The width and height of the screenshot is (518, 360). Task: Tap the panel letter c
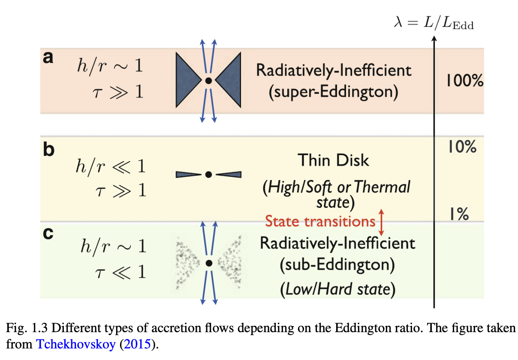click(48, 234)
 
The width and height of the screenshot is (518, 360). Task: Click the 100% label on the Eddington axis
click(464, 81)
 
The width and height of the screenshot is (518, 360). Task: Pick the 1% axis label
click(459, 213)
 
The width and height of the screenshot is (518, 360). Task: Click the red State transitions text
click(320, 221)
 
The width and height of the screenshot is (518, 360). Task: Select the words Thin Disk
click(334, 160)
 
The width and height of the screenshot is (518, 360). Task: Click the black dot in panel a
click(208, 81)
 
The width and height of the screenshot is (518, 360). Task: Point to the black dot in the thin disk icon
click(208, 174)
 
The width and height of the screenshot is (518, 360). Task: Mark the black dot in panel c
click(209, 264)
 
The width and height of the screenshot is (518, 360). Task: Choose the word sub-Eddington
click(337, 266)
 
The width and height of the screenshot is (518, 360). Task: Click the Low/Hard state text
click(337, 289)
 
